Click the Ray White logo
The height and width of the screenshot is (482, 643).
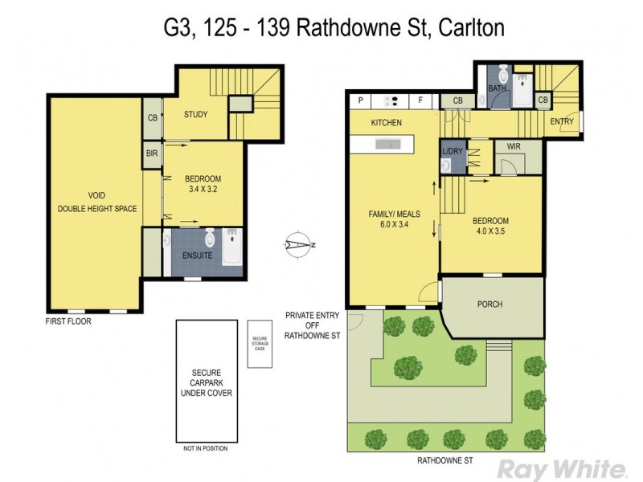(561, 468)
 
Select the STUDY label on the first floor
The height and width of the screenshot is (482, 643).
(195, 115)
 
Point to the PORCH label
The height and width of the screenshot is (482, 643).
(489, 304)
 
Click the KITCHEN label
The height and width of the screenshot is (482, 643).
(386, 123)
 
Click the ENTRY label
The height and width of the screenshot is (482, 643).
(562, 121)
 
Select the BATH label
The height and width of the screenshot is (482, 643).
(498, 89)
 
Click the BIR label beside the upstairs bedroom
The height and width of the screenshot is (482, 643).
(152, 153)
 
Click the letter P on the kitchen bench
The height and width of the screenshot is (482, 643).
(361, 100)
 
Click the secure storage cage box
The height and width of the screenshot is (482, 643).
(260, 344)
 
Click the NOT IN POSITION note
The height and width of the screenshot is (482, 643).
(206, 448)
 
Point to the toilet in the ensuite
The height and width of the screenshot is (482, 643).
(209, 238)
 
